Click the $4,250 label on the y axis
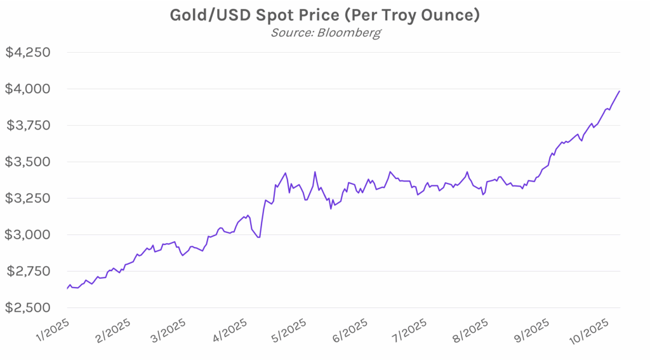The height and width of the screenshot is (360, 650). [x=28, y=52]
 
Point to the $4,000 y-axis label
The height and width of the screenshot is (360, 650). [x=28, y=89]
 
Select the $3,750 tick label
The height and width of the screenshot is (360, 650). [x=28, y=125]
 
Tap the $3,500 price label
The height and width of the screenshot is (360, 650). [x=28, y=162]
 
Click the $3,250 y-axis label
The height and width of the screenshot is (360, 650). [x=28, y=198]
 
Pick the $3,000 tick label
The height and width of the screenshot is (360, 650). [x=28, y=235]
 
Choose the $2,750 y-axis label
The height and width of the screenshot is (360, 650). [x=28, y=271]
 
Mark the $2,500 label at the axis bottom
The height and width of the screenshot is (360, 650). [x=28, y=308]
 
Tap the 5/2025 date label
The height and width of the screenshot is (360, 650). [x=289, y=331]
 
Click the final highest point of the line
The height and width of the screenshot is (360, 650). [x=620, y=91]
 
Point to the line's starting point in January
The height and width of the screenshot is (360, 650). [x=67, y=289]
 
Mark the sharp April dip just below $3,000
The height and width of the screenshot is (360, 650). [x=259, y=237]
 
